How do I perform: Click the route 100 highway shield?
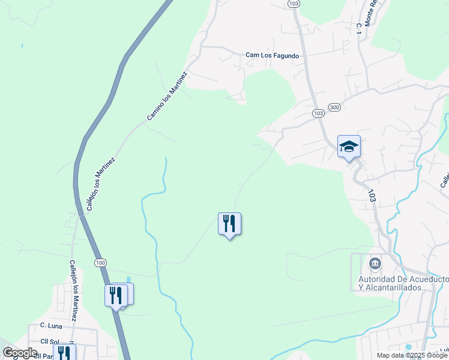tap(100, 263)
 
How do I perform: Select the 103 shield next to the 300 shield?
tap(318, 113)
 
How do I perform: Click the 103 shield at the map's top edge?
tap(293, 4)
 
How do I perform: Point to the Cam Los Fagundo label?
tap(272, 56)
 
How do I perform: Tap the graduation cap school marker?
tap(349, 146)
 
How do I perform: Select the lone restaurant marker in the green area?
tap(229, 224)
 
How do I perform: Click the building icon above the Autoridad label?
tap(375, 263)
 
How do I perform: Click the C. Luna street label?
tap(52, 325)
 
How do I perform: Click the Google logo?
tap(20, 353)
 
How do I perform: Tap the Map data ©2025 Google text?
tap(411, 355)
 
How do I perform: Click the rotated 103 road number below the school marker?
tap(372, 196)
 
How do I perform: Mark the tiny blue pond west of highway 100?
tap(22, 46)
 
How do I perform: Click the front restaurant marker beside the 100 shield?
tap(116, 295)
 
